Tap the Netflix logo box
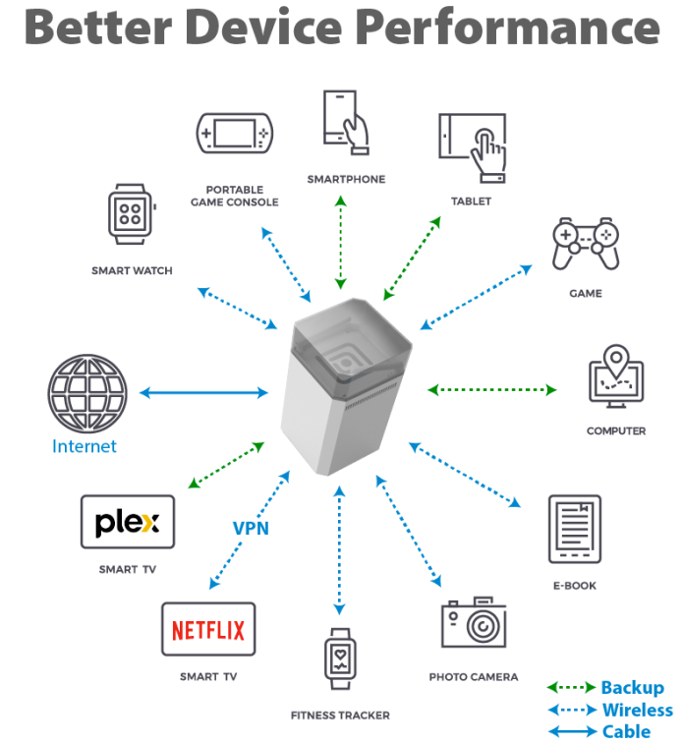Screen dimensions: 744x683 [208, 629]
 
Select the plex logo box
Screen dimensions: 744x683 [128, 522]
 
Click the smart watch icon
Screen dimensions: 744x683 [131, 214]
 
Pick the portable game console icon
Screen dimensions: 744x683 [235, 133]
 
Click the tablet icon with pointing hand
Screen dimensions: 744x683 [473, 145]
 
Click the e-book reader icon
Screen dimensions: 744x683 [574, 530]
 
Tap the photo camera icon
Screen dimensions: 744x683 [474, 622]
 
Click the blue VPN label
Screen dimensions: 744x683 [251, 528]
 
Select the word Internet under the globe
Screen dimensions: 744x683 [85, 446]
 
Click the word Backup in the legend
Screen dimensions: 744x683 [632, 688]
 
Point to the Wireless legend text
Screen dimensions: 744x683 [637, 710]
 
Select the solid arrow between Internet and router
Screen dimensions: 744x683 [202, 393]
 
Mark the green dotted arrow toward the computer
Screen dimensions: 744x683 [491, 390]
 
